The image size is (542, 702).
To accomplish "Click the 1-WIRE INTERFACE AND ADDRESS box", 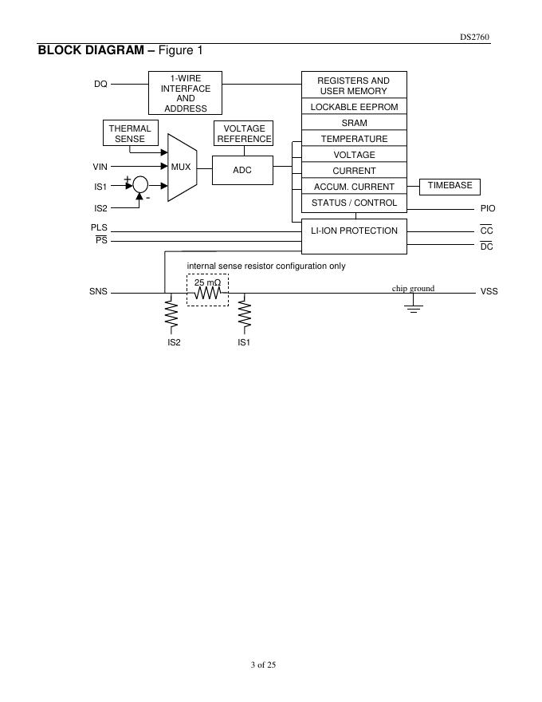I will pyautogui.click(x=185, y=93).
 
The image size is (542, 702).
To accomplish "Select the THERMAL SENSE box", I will pyautogui.click(x=130, y=133).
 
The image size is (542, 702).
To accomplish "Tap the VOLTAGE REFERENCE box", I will pyautogui.click(x=244, y=133).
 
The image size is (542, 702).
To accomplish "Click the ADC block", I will pyautogui.click(x=242, y=170).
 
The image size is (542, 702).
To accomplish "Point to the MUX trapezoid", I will pyautogui.click(x=182, y=167).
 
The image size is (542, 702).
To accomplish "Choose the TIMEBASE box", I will pyautogui.click(x=450, y=186).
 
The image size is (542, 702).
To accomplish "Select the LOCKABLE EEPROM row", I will pyautogui.click(x=354, y=107).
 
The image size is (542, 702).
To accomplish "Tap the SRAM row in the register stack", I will pyautogui.click(x=354, y=123).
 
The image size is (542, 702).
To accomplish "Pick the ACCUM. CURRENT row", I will pyautogui.click(x=354, y=187).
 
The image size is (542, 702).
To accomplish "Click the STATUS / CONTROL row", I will pyautogui.click(x=354, y=203).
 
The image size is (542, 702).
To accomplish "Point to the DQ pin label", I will pyautogui.click(x=100, y=84).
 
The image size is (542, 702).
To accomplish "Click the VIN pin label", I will pyautogui.click(x=100, y=167).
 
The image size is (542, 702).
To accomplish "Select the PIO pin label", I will pyautogui.click(x=488, y=208).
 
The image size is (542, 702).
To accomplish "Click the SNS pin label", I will pyautogui.click(x=98, y=292).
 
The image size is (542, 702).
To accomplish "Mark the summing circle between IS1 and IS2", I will pyautogui.click(x=140, y=185).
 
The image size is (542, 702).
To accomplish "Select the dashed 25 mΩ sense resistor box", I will pyautogui.click(x=207, y=290).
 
